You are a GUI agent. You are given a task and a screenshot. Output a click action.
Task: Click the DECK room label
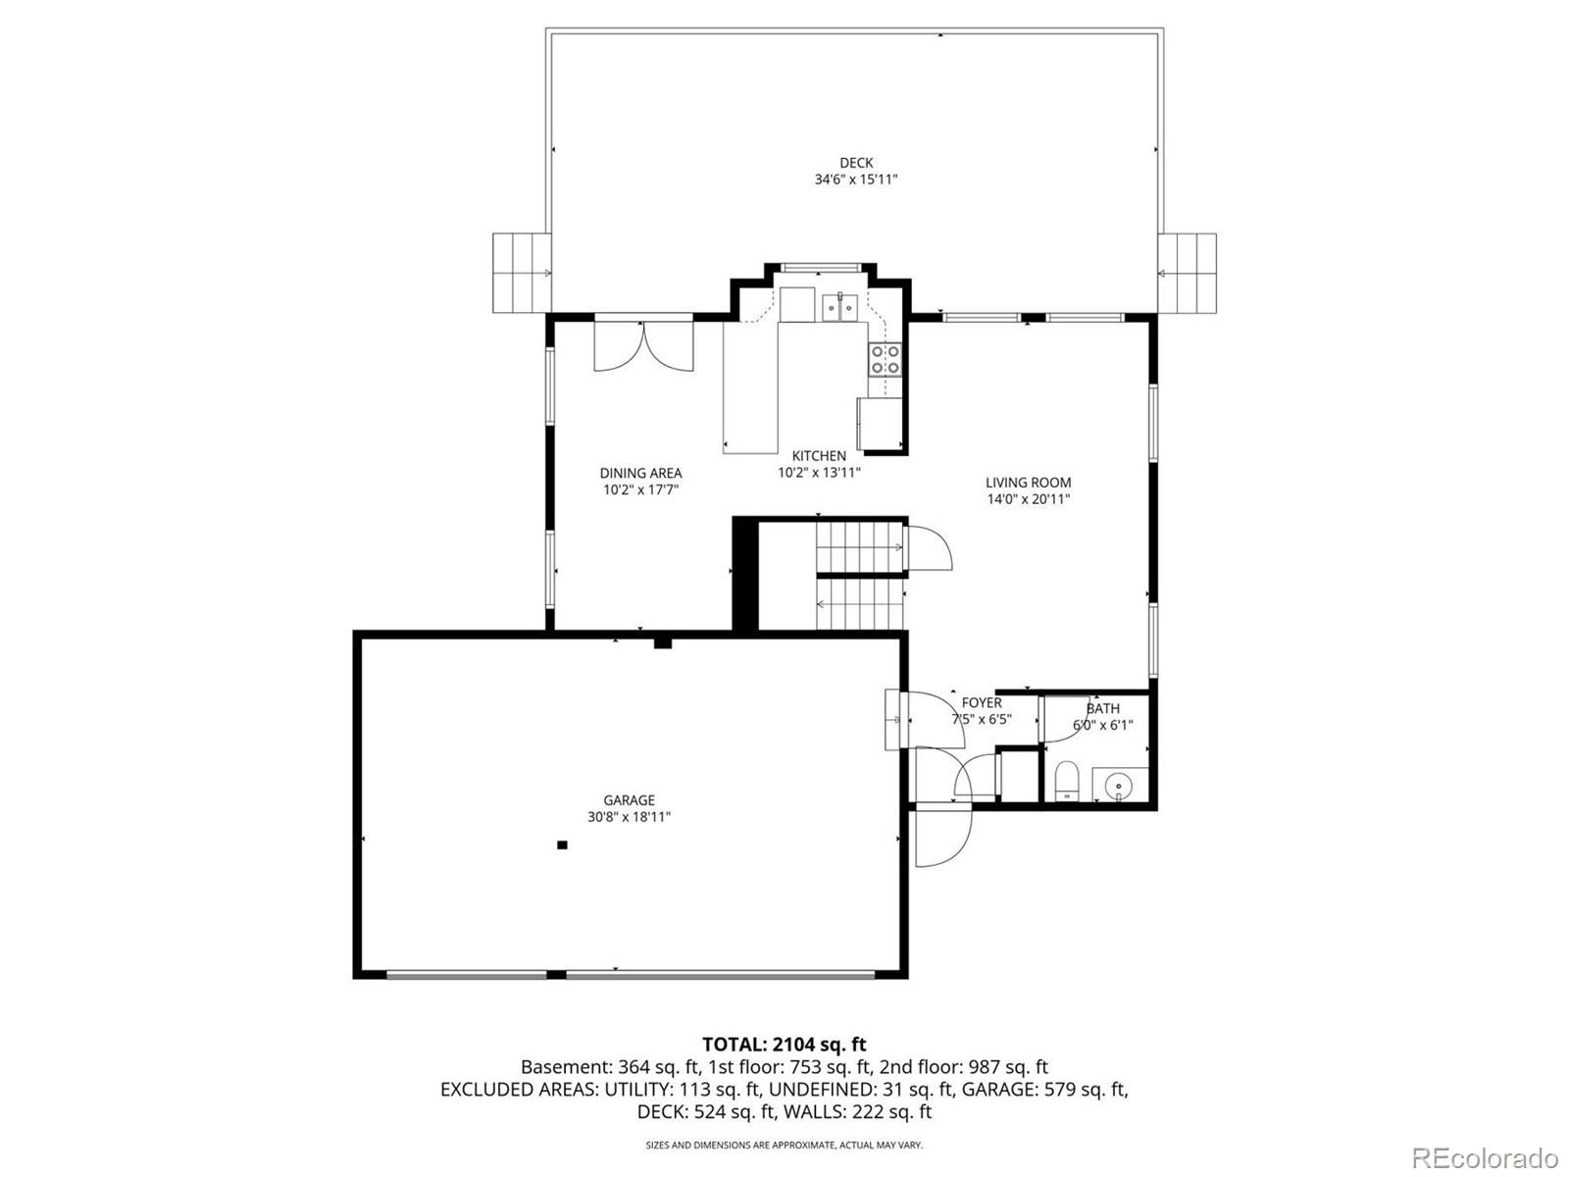coord(855,163)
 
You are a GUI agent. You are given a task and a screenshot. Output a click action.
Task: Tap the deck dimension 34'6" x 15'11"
coord(855,179)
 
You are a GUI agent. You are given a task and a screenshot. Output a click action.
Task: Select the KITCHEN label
coord(819,456)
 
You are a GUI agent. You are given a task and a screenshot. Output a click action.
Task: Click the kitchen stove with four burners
coord(885,360)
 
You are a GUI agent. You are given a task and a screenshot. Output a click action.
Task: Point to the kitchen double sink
coord(839,307)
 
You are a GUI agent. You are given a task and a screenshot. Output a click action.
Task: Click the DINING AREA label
coord(640,473)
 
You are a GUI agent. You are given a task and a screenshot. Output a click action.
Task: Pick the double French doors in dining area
coord(643,345)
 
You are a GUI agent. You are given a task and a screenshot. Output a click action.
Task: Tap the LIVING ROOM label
coord(1028,483)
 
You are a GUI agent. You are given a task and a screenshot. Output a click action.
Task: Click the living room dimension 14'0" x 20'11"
coord(1028,499)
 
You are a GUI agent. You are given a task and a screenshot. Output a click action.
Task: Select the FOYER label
coord(981,702)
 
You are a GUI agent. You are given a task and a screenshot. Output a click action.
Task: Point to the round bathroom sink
coord(1117,786)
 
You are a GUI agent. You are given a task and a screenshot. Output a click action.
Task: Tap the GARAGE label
coord(629,800)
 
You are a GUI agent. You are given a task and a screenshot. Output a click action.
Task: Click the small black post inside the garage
coord(562,844)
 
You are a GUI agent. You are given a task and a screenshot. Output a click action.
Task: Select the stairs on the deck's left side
coord(520,273)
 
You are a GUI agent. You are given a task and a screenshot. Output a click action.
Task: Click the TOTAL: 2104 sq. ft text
coord(784,1045)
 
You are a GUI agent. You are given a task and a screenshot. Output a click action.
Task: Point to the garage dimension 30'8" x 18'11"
coord(629,817)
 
